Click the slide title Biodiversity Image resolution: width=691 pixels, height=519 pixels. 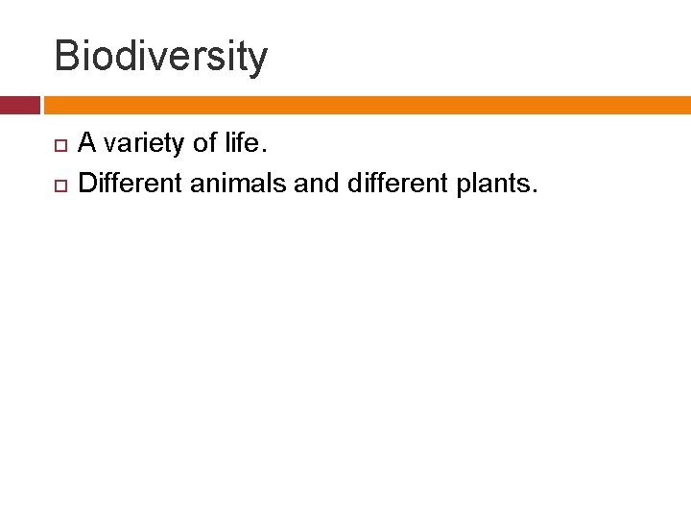click(x=160, y=56)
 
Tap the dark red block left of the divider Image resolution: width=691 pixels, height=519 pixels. click(x=19, y=105)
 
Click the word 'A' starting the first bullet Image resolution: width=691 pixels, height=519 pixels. click(x=86, y=144)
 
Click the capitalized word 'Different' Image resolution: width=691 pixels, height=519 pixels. click(x=131, y=182)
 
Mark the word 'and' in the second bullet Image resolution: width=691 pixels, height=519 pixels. click(x=317, y=182)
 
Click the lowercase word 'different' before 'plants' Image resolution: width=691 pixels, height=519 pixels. click(x=393, y=182)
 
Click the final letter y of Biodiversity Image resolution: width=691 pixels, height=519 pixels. click(x=258, y=60)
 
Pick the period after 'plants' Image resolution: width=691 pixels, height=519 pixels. click(x=534, y=189)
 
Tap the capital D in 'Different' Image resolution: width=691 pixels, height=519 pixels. click(x=86, y=182)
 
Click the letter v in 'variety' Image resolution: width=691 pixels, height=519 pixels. click(x=109, y=146)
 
